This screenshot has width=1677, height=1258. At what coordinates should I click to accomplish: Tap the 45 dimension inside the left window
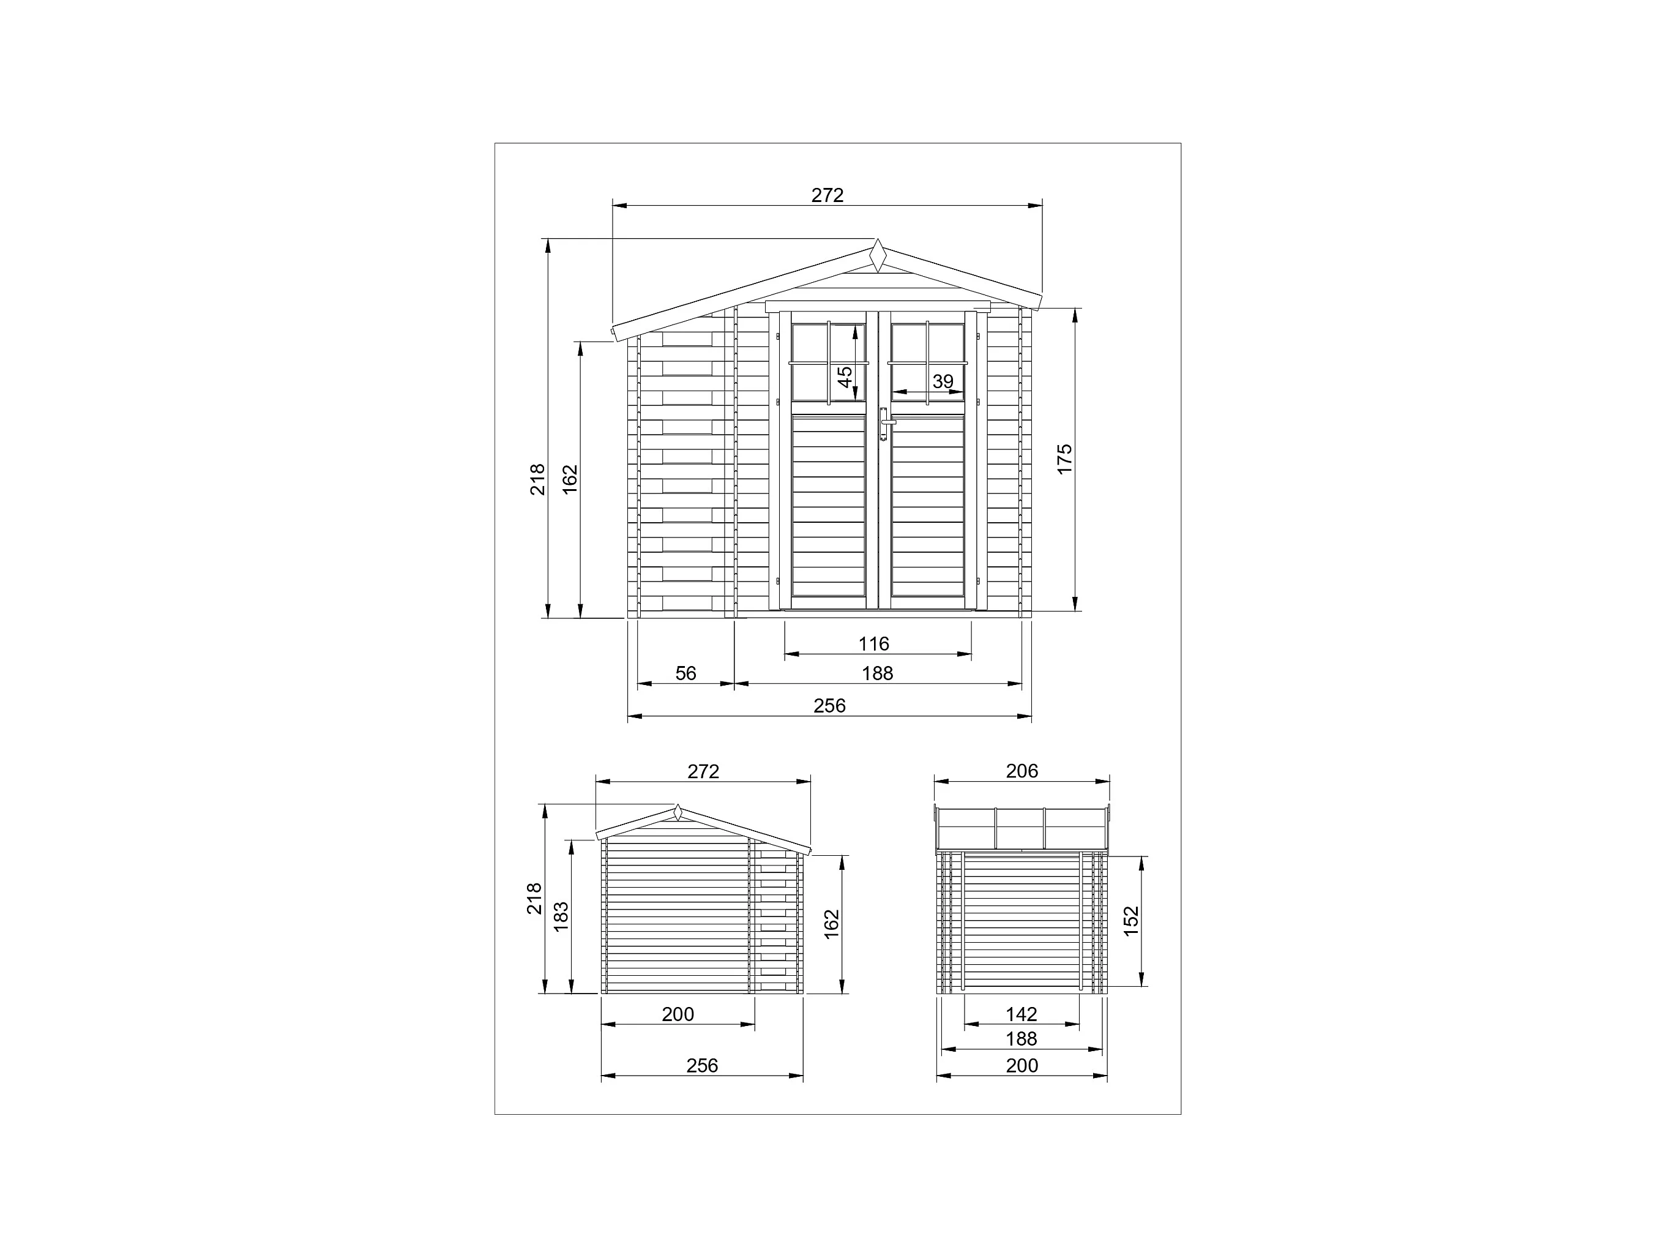[x=845, y=377]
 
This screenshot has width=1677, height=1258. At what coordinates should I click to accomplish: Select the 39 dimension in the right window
[x=943, y=381]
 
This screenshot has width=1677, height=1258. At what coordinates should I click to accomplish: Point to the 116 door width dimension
[x=873, y=644]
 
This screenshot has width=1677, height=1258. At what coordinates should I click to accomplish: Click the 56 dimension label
[x=685, y=673]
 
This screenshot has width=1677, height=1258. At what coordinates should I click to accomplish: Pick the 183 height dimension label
[x=561, y=916]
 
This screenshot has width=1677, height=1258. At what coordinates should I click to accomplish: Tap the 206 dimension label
[x=1022, y=771]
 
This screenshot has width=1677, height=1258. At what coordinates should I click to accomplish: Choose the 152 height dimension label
[x=1130, y=921]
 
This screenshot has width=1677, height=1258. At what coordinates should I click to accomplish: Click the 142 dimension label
[x=1022, y=1014]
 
